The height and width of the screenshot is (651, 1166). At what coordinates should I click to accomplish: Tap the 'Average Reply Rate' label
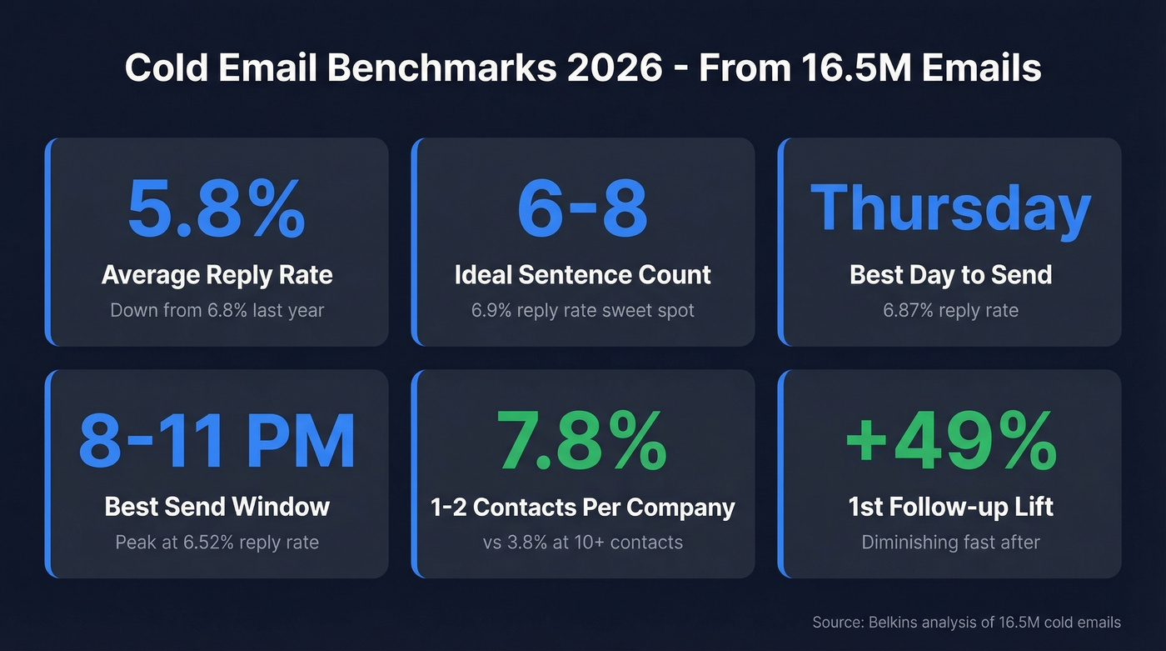(x=217, y=275)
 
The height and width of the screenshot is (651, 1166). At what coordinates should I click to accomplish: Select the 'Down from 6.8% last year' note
(x=217, y=311)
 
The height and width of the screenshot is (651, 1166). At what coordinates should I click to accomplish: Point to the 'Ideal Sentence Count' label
(x=582, y=275)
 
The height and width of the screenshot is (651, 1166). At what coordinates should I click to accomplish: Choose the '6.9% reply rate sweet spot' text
(x=582, y=311)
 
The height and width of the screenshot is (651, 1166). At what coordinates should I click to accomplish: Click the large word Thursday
(x=950, y=208)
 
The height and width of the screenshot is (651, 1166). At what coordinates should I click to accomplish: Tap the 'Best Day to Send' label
(x=950, y=275)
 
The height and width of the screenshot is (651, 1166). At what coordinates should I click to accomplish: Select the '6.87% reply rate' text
(x=950, y=311)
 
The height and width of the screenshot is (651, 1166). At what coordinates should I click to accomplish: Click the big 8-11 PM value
(x=217, y=442)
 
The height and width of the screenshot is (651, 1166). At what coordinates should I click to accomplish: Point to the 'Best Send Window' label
(x=217, y=507)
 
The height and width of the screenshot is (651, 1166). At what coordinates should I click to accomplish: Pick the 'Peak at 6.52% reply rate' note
(x=217, y=543)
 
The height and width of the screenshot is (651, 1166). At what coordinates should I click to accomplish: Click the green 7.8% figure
(x=582, y=442)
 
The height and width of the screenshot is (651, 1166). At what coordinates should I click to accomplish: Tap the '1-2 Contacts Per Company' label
(x=582, y=507)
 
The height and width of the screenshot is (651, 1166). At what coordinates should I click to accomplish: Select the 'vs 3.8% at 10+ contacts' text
(x=582, y=543)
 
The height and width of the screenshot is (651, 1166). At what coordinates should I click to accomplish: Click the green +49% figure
(x=950, y=442)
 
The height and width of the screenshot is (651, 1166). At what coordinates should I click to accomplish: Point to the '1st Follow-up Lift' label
(x=950, y=507)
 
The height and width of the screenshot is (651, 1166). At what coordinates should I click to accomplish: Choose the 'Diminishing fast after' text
(x=950, y=543)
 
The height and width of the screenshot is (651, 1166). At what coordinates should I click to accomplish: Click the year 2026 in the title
(x=622, y=68)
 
